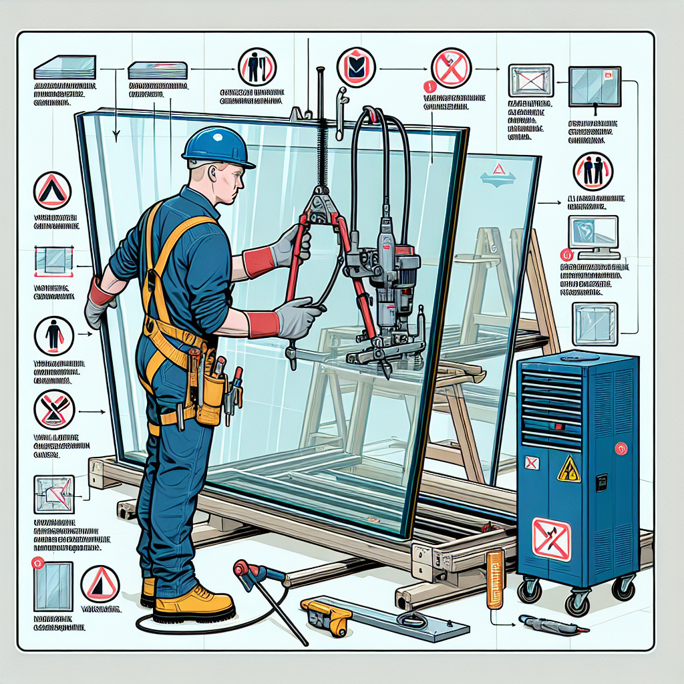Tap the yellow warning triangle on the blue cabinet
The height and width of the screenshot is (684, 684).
pos(568,469)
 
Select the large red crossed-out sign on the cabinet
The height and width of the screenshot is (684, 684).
pos(552,539)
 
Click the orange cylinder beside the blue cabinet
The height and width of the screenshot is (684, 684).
pos(495,578)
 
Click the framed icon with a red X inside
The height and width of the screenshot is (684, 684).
pos(531,81)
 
